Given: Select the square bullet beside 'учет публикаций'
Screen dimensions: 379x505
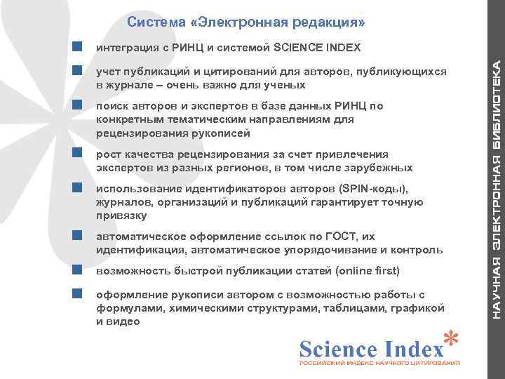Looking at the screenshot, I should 78,72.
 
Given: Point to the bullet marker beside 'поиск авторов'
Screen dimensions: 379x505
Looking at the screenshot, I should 78,106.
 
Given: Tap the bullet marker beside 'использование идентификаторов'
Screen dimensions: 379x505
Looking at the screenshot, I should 78,189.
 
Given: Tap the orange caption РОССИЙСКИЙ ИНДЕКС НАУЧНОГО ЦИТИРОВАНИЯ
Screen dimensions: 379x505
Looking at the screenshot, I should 379,364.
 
